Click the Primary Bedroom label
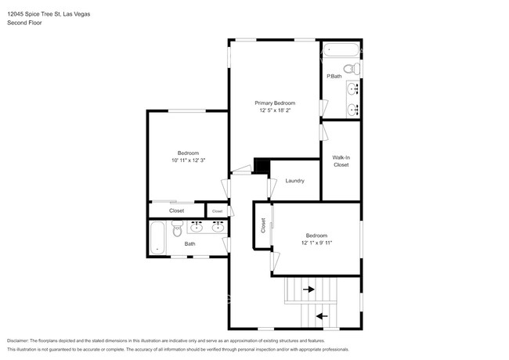(x=275, y=103)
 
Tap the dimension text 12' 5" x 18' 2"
(x=275, y=111)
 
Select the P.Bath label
(x=335, y=76)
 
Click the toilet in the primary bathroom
(x=356, y=70)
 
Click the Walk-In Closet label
(x=341, y=161)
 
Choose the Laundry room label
(x=294, y=181)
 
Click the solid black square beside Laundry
(x=262, y=167)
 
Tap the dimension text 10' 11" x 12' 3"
(x=188, y=160)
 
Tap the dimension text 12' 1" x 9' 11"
(x=316, y=243)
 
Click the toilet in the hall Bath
(x=176, y=229)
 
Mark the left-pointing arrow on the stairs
(x=320, y=316)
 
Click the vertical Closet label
(x=264, y=225)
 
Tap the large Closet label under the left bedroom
(x=176, y=211)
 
